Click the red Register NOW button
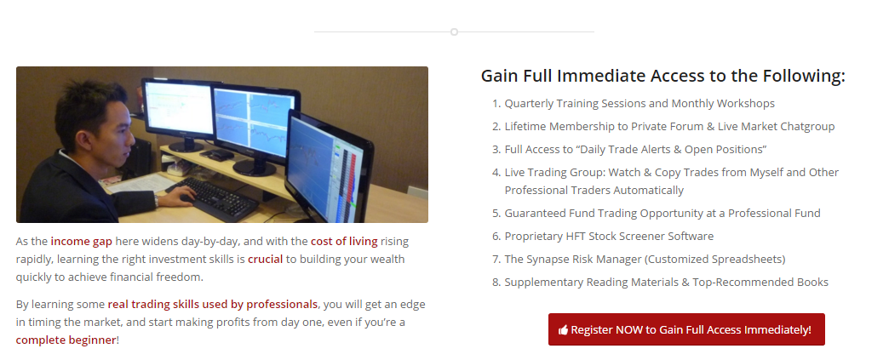(686, 329)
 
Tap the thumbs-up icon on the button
(563, 330)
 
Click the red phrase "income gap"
(81, 241)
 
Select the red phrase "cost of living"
(344, 241)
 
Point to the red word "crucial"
(266, 259)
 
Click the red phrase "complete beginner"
(66, 340)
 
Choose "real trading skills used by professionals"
(213, 305)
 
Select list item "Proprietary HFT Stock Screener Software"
(609, 236)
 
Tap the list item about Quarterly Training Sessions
(640, 103)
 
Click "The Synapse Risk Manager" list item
(645, 259)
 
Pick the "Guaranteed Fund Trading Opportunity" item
(662, 213)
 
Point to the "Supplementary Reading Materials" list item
(666, 282)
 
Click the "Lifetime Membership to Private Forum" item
(669, 127)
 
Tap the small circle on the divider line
(454, 31)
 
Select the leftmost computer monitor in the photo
(178, 113)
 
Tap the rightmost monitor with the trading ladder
(329, 168)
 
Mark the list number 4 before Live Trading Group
(496, 173)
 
